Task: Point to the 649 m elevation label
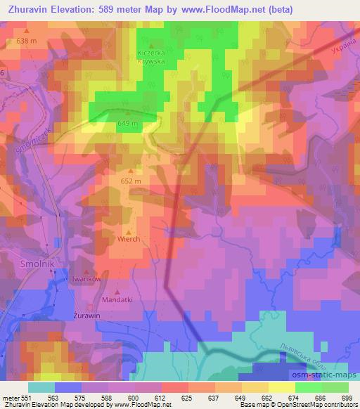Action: coord(127,124)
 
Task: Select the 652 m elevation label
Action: coord(131,181)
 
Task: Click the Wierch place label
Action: coord(129,240)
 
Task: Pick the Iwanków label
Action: coord(87,280)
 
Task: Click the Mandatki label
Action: coord(118,301)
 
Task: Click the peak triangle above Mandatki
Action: coord(118,292)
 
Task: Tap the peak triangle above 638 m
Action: coord(26,32)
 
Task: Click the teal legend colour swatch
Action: coord(41,387)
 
